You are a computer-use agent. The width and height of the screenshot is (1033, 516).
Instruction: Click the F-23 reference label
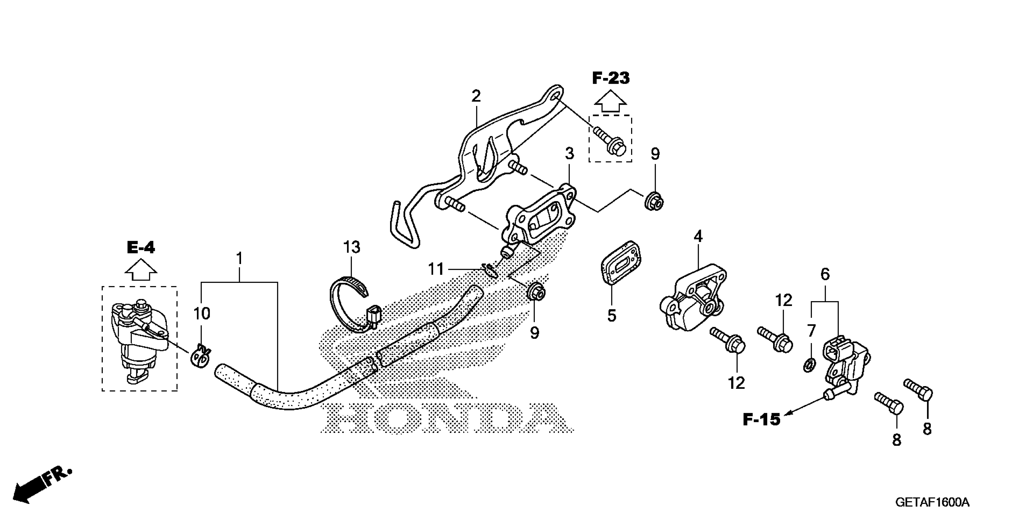point(610,78)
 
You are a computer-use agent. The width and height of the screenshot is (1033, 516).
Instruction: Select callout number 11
point(436,269)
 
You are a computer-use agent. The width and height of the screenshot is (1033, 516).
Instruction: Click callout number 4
point(698,236)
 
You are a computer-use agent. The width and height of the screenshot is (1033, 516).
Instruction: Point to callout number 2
point(476,96)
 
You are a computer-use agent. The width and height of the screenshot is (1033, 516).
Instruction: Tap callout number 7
point(811,331)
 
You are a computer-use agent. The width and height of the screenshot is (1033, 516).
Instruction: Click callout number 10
point(202,314)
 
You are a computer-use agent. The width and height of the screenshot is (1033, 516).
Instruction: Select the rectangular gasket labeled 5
point(622,263)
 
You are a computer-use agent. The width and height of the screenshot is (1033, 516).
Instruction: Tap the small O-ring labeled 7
point(810,365)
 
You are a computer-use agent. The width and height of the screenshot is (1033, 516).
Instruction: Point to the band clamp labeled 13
point(349,303)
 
